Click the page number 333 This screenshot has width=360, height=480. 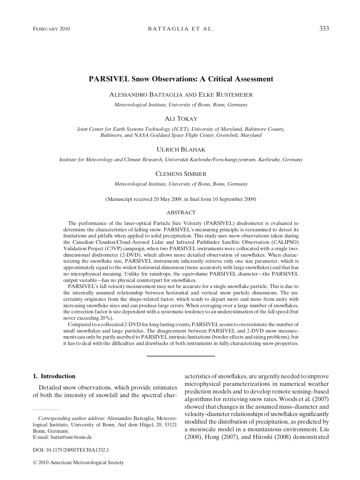point(324,29)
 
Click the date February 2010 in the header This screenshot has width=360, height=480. point(51,29)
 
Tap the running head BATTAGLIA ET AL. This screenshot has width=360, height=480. point(181,29)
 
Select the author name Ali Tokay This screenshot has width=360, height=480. point(181,119)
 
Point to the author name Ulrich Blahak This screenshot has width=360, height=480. point(181,150)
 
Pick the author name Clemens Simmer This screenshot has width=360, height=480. point(181,174)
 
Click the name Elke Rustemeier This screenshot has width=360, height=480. point(225,95)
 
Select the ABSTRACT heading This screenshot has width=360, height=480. point(181,212)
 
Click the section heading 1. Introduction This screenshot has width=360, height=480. point(54,376)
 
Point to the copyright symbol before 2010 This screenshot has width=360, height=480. point(35,463)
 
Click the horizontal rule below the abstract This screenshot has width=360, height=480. point(181,356)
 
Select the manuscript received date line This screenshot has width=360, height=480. point(181,199)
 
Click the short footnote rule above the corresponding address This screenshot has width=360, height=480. point(46,410)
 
